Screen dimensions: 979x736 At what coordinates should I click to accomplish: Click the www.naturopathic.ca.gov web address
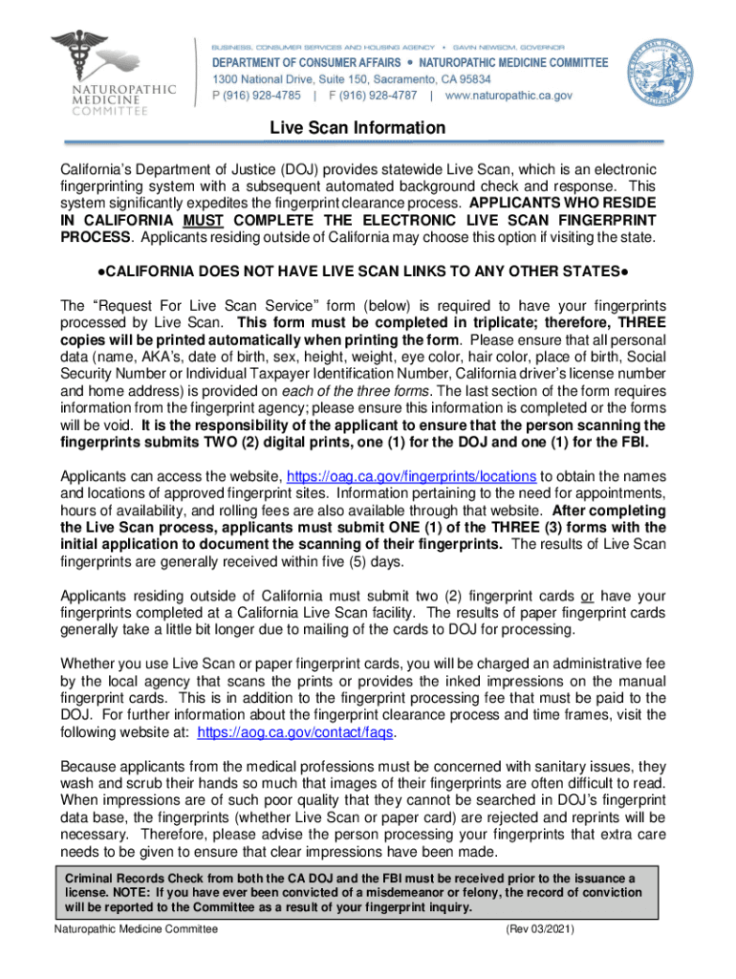coord(509,96)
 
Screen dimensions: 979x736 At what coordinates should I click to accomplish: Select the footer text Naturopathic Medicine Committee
coord(136,929)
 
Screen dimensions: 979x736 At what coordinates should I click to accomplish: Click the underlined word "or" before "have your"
coord(587,596)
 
